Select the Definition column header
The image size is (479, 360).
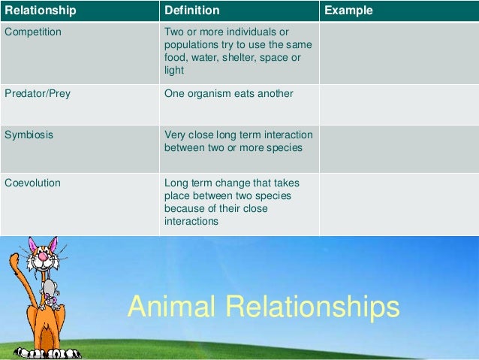click(x=192, y=11)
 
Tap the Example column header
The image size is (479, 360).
click(x=348, y=11)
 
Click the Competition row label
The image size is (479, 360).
click(x=33, y=32)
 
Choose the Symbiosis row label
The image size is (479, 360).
click(x=29, y=135)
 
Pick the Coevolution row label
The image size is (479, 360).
click(x=32, y=182)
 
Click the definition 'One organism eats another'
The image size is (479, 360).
click(x=228, y=94)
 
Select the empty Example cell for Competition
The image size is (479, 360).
click(x=398, y=53)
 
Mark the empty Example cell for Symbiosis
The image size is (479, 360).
click(x=398, y=149)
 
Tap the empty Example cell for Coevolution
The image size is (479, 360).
click(x=398, y=204)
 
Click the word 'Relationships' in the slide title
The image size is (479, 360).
click(x=315, y=307)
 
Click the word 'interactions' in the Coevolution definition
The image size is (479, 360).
click(x=191, y=222)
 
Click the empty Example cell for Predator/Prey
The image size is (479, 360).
click(x=398, y=104)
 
